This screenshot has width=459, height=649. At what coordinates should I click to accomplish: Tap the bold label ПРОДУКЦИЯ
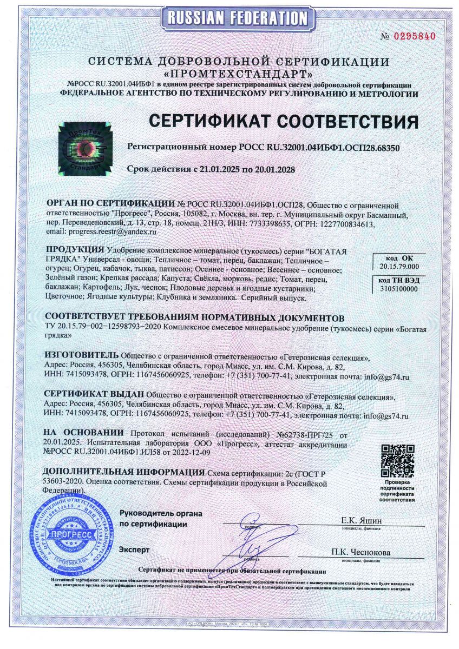coord(75,249)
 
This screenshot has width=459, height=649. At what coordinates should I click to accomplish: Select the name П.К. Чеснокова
coord(361,552)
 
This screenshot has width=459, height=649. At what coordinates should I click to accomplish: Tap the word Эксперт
coord(134,549)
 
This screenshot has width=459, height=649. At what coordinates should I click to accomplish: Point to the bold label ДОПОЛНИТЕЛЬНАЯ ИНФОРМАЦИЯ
coord(124,471)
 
